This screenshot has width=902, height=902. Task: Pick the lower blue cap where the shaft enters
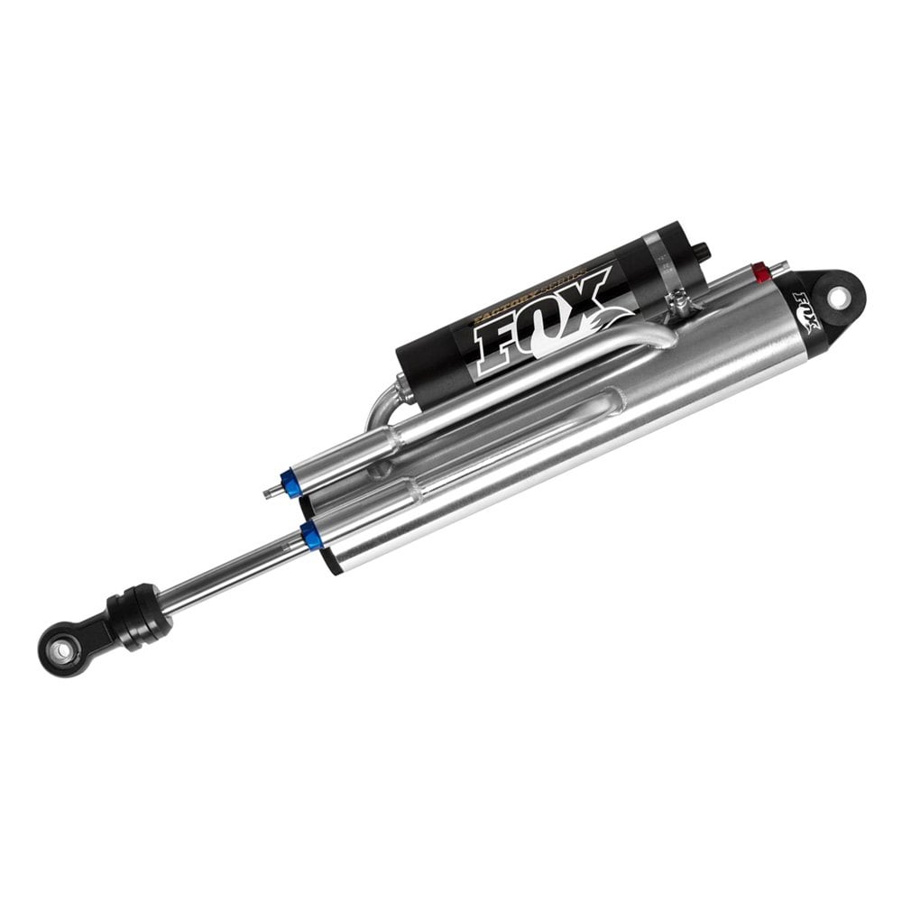pos(312,537)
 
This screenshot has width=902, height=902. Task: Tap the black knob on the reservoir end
pos(701,249)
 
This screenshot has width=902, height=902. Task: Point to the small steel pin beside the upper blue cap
pos(269,492)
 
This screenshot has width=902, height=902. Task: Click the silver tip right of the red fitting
pos(781,266)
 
